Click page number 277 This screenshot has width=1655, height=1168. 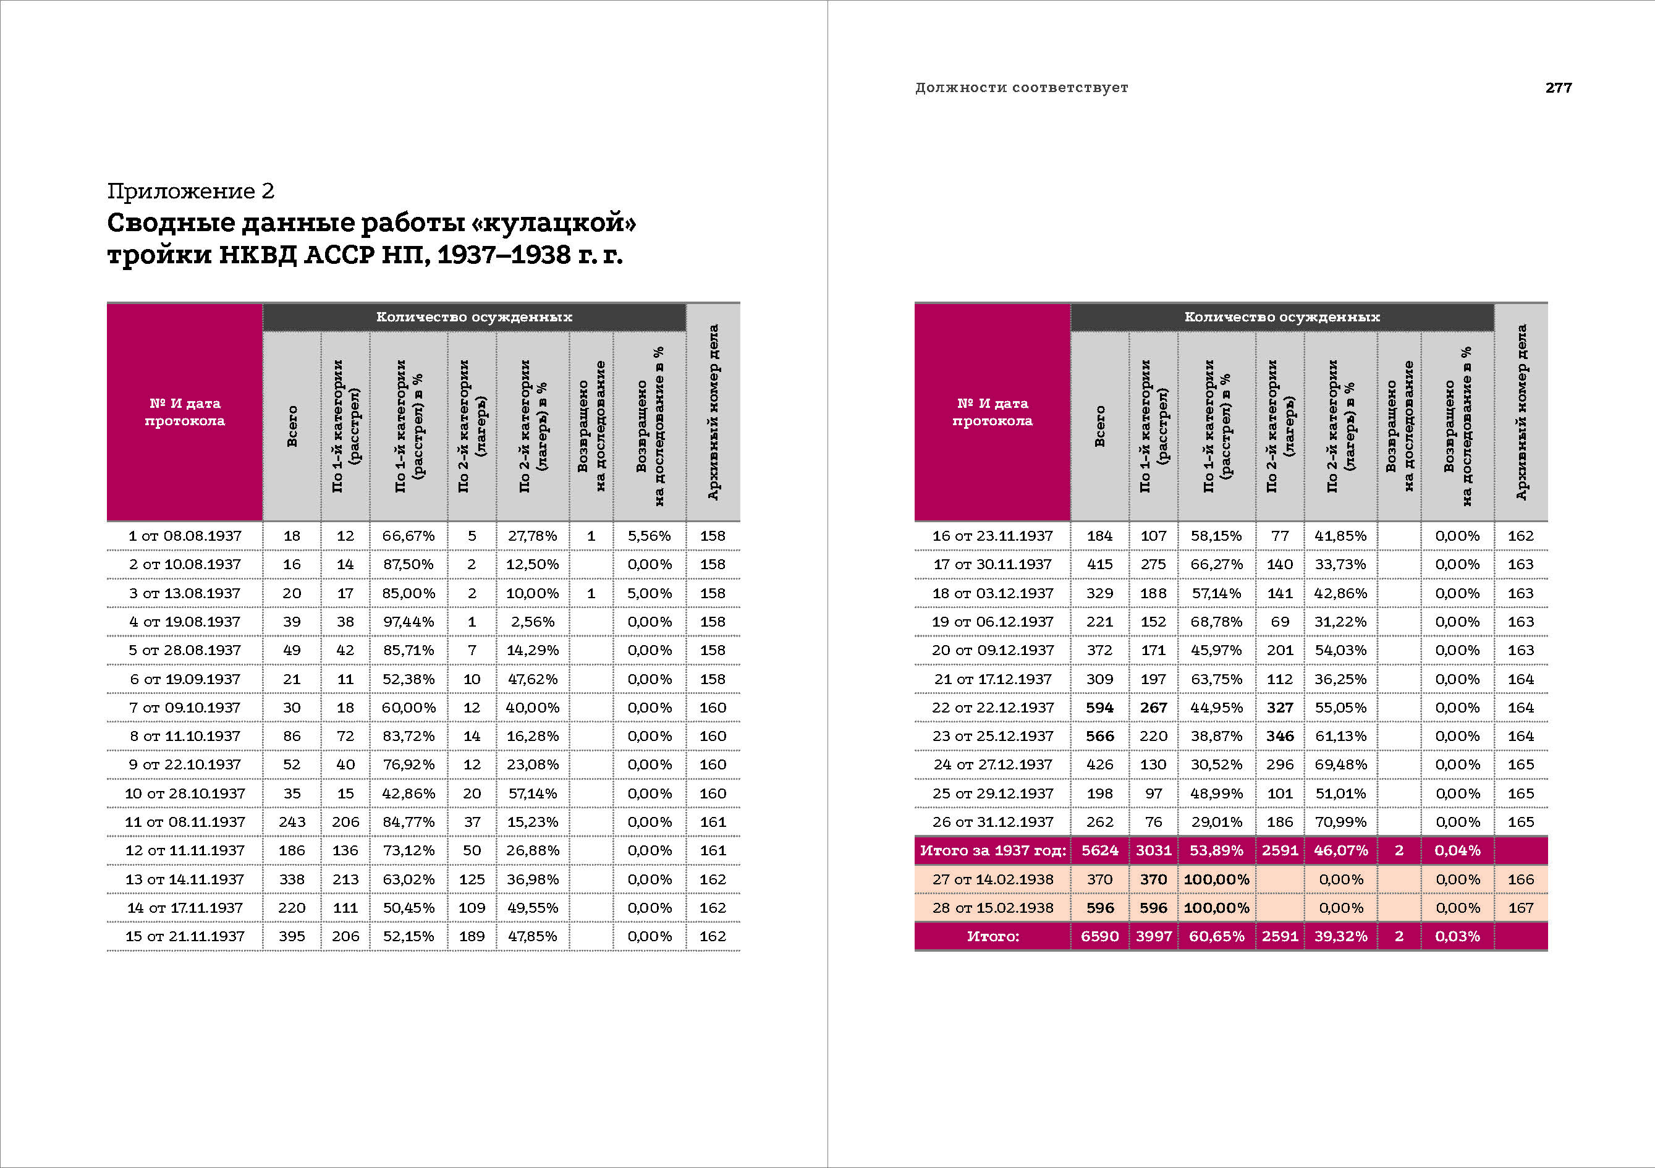pos(1558,87)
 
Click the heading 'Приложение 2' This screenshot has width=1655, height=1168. pos(190,191)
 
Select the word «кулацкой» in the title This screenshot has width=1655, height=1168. pos(554,222)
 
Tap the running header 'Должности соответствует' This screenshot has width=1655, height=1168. pos(1022,87)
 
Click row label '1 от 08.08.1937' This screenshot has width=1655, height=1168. pos(185,536)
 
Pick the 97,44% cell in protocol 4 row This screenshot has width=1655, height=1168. pos(408,622)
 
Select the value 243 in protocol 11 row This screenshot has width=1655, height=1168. pos(291,822)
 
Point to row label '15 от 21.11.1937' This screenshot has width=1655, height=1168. pos(185,936)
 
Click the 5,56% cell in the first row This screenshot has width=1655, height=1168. pos(649,536)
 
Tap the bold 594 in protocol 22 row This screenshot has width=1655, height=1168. pos(1099,707)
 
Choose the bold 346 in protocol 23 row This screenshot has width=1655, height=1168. pos(1279,736)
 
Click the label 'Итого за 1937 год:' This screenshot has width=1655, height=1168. pos(993,850)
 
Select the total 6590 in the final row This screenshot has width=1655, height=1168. pos(1099,936)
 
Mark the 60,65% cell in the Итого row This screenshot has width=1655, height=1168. pos(1216,936)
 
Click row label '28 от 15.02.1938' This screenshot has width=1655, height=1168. pos(993,908)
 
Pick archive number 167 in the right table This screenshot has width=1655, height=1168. pos(1520,908)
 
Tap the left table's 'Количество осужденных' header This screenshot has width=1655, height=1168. pos(473,316)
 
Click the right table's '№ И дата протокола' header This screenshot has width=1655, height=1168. pos(992,412)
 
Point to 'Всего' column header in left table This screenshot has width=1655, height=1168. pos(292,425)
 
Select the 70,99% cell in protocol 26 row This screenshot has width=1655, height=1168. pos(1340,822)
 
